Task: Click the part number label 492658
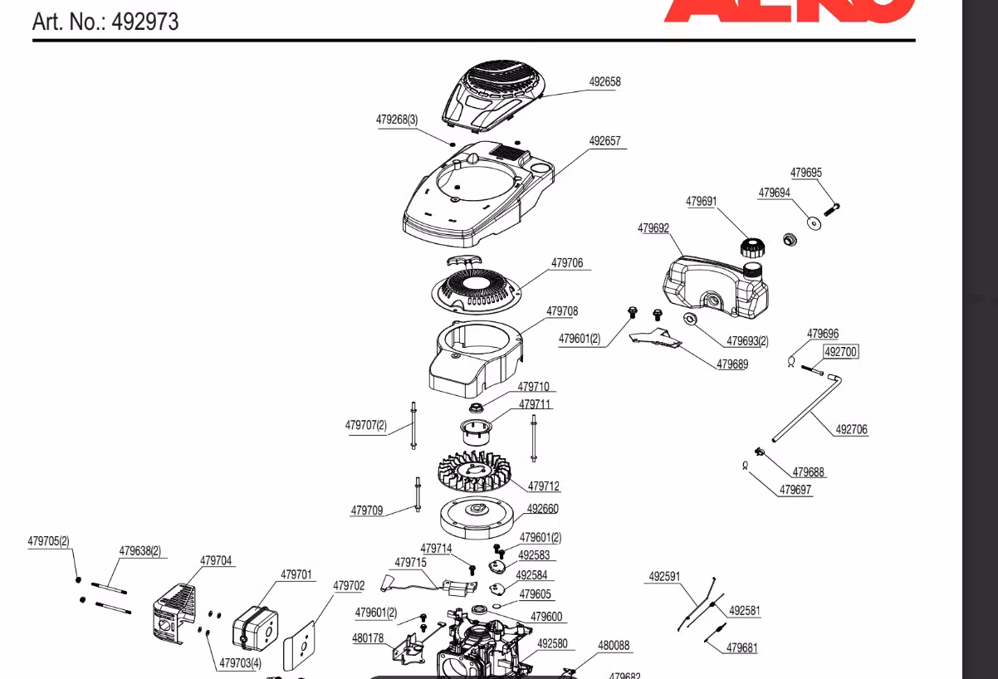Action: pos(604,81)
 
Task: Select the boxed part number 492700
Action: pos(840,352)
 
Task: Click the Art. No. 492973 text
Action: pos(105,22)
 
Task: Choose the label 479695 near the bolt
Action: pos(805,173)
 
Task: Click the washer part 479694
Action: pos(815,222)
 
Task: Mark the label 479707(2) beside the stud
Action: pos(366,425)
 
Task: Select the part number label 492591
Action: pos(664,577)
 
